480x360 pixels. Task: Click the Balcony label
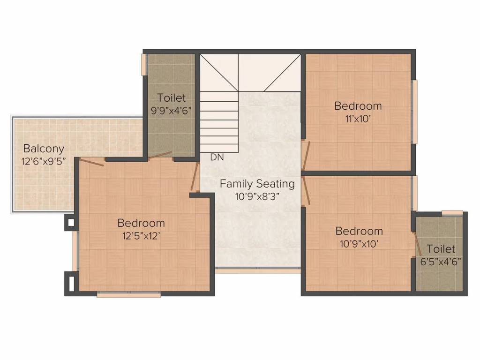44,149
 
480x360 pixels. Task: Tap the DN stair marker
217,157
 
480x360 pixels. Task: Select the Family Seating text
257,184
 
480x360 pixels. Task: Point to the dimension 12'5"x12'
141,236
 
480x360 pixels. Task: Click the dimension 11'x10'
358,119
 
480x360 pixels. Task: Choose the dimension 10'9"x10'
359,244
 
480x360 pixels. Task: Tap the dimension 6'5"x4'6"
441,262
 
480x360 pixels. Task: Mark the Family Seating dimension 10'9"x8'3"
257,196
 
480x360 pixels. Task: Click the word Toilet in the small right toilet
441,249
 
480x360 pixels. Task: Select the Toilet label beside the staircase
172,98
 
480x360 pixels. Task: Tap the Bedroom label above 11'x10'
358,106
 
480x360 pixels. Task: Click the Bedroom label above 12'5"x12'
141,223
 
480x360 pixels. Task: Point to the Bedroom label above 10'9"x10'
359,231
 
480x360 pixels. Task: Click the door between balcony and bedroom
92,162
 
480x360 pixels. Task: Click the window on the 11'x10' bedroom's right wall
414,112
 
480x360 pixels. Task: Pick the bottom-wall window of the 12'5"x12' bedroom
129,295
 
